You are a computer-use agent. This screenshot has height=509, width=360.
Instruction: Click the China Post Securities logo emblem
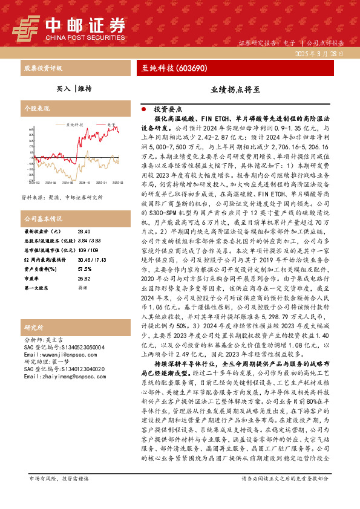[x=26, y=27]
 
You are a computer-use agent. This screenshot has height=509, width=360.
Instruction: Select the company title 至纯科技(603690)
[x=175, y=68]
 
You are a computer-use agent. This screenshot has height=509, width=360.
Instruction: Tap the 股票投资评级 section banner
[x=43, y=68]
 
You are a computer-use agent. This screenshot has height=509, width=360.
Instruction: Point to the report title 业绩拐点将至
[x=235, y=89]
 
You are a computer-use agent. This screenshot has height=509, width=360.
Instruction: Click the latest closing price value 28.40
[x=84, y=231]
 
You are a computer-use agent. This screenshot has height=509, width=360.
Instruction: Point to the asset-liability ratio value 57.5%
[x=85, y=268]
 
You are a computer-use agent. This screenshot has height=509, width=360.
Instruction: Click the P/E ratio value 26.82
[x=84, y=278]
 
